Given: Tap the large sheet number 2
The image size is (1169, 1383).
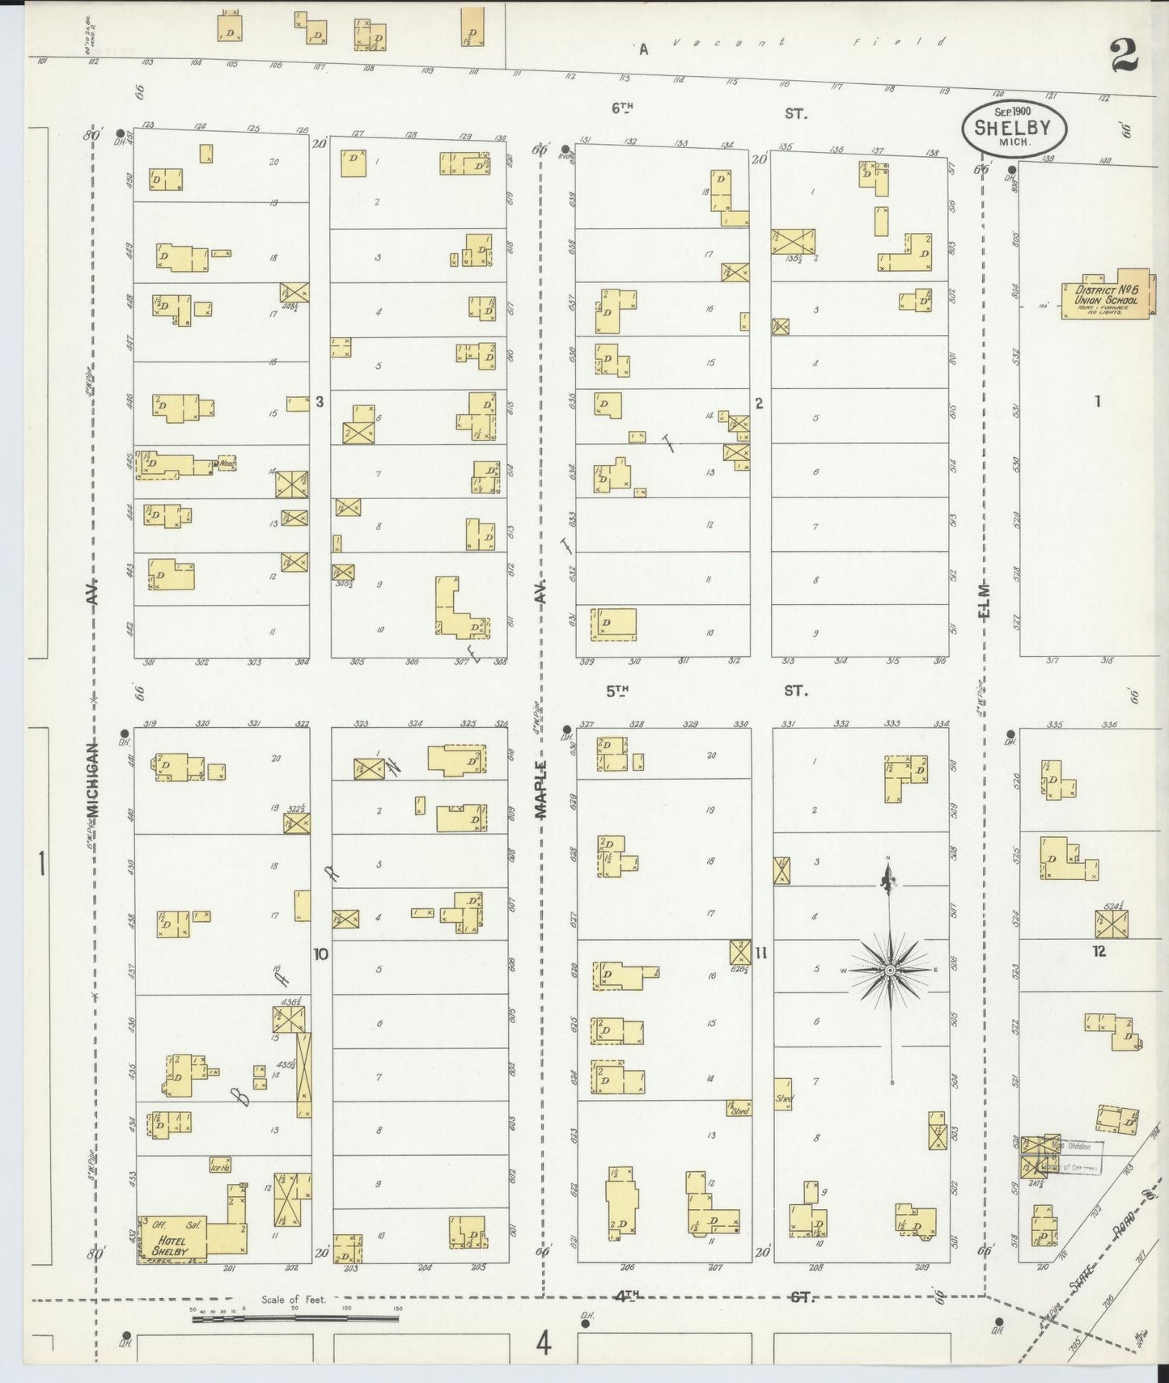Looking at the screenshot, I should pyautogui.click(x=1124, y=57).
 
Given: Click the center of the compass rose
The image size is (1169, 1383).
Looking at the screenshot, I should pyautogui.click(x=890, y=970).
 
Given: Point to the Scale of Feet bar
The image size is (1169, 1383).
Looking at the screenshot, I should pyautogui.click(x=295, y=1319).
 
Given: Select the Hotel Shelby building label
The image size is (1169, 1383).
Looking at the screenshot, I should pyautogui.click(x=172, y=1246).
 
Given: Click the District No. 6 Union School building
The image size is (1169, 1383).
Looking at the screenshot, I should pyautogui.click(x=1105, y=295).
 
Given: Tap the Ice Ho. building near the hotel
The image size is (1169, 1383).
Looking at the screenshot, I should pyautogui.click(x=221, y=1166).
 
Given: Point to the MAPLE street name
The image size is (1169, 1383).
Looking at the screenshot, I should pyautogui.click(x=541, y=789).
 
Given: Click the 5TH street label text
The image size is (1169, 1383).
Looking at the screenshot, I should pyautogui.click(x=617, y=691).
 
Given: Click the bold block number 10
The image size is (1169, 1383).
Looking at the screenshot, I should pyautogui.click(x=320, y=954).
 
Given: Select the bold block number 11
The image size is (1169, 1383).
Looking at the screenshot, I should pyautogui.click(x=760, y=953).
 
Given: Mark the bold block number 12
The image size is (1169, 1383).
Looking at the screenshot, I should pyautogui.click(x=1098, y=951).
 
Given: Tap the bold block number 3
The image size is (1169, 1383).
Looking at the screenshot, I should pyautogui.click(x=320, y=401).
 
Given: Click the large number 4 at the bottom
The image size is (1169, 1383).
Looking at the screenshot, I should pyautogui.click(x=543, y=1344).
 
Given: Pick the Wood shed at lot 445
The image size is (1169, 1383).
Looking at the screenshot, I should pyautogui.click(x=226, y=463).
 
